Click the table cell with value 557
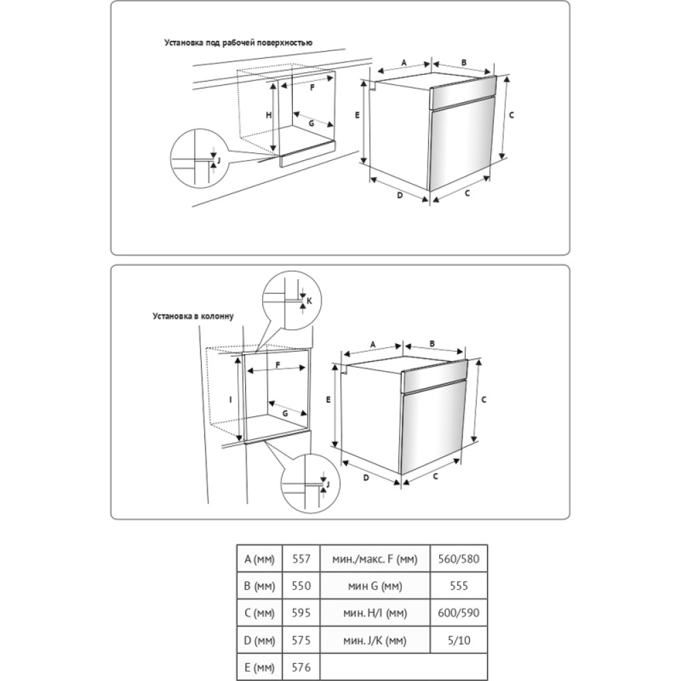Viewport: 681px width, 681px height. pos(301,558)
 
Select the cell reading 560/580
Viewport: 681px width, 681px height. pos(458,558)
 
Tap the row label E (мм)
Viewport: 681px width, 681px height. pos(259,667)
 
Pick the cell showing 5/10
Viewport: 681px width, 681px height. pos(458,640)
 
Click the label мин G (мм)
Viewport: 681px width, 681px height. pos(375,586)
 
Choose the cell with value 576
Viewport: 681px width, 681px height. pos(301,667)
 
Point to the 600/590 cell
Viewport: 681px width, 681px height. pos(458,613)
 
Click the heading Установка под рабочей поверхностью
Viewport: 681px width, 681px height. pos(238,42)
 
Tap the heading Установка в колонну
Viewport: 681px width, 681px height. pos(193,316)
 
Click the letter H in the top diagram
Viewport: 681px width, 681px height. pos(269,115)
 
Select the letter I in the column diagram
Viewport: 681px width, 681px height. pos(231,400)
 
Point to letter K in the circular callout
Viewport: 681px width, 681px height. pos(309,300)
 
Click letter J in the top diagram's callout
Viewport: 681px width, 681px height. pos(219,160)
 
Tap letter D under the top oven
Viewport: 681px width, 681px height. pos(400,195)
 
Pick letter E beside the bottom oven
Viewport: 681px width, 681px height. pos(328,400)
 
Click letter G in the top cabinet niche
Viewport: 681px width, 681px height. pos(311,123)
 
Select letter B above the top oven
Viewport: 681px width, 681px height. pos(464,63)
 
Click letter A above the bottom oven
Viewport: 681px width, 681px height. pos(373,345)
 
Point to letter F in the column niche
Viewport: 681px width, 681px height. pos(278,365)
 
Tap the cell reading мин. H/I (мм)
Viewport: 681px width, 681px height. pos(375,613)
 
